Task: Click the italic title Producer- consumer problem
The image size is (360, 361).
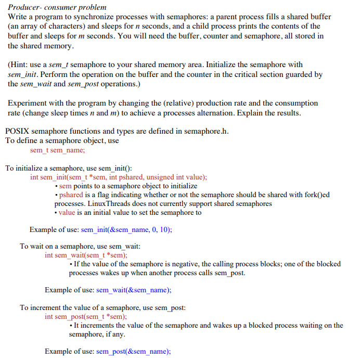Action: coord(57,7)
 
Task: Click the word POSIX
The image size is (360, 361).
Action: coord(17,131)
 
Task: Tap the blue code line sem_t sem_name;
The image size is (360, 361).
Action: coord(57,150)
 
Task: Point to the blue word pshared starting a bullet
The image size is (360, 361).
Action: coord(70,195)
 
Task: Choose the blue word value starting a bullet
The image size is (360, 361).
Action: coord(67,213)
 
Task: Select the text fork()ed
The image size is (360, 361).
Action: coord(314,195)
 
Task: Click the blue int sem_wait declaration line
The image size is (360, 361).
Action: coord(86,255)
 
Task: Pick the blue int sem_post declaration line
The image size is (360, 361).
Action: coord(86,316)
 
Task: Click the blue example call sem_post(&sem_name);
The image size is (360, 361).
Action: coord(134,351)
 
